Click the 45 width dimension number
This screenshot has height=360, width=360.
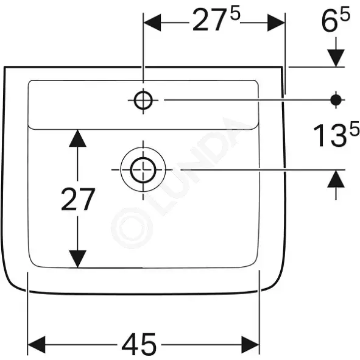[139, 344]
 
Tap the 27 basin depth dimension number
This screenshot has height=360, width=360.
[78, 199]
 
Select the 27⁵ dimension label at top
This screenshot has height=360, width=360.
[216, 19]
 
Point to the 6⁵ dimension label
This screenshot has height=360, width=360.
[336, 19]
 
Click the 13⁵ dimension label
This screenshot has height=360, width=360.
[336, 134]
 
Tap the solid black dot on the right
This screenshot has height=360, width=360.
[336, 100]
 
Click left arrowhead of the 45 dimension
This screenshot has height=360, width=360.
[37, 345]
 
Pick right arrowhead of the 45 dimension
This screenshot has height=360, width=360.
[250, 345]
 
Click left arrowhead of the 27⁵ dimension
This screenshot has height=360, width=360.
[152, 23]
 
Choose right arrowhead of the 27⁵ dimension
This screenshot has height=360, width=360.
[276, 23]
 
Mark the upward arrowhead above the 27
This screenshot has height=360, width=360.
[77, 138]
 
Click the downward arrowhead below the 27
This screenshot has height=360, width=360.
[77, 259]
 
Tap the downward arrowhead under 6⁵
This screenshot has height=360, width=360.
[336, 58]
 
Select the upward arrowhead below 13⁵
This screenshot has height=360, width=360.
[336, 178]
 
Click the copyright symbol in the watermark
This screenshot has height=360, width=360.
[132, 228]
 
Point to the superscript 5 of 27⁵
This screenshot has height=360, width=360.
[235, 14]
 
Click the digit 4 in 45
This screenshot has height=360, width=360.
[130, 344]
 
